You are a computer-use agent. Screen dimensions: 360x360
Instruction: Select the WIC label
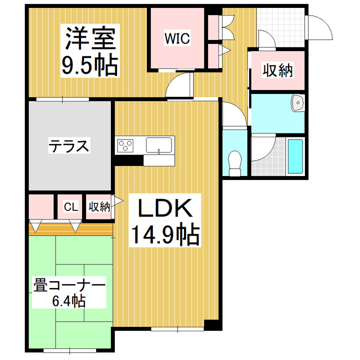[x=177, y=38]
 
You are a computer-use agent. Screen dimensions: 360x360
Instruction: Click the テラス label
[x=68, y=147]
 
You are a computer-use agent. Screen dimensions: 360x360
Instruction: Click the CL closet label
[x=70, y=206]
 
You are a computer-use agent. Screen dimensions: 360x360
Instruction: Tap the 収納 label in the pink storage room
[x=277, y=71]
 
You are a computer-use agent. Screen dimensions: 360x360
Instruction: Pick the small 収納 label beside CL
[x=98, y=206]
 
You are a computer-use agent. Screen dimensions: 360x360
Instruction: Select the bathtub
[x=295, y=156]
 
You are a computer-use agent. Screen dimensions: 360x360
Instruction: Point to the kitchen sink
[x=160, y=145]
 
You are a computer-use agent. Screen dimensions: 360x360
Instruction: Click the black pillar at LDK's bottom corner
[x=210, y=326]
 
